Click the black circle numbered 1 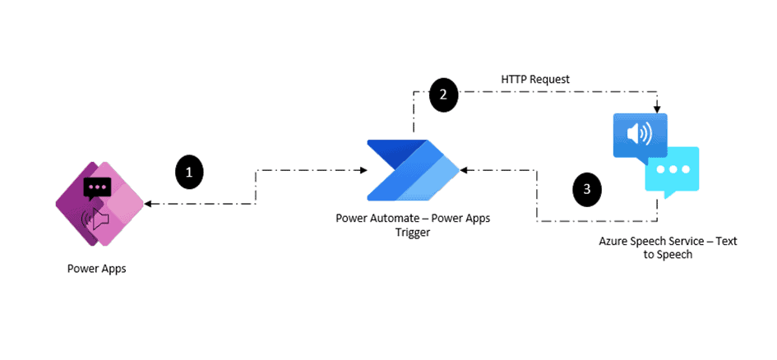(x=189, y=172)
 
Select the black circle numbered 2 (x=443, y=95)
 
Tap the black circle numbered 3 (x=586, y=188)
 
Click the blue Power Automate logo (x=412, y=170)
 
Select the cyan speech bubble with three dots (x=672, y=170)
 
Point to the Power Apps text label (x=96, y=269)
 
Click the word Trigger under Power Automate (x=412, y=233)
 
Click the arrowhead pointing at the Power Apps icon (x=147, y=203)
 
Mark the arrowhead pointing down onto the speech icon (x=657, y=109)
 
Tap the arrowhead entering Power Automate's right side (x=463, y=170)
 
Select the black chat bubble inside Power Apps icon (x=97, y=188)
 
